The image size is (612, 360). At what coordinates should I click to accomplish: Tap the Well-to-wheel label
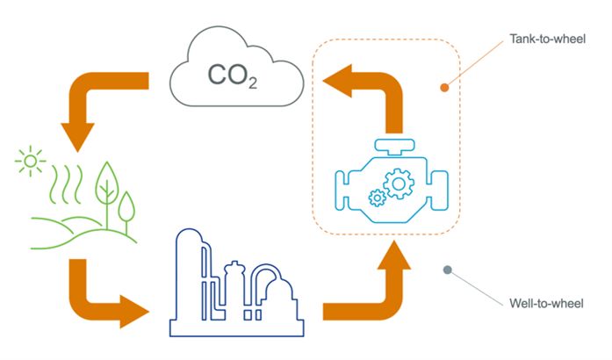[x=545, y=304]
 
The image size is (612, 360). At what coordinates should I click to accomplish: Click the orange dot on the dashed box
[x=444, y=87]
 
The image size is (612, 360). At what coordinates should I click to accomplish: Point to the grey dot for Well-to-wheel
[x=448, y=270]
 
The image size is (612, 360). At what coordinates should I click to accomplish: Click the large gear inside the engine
[x=400, y=183]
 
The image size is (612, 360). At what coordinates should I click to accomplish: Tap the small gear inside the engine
[x=378, y=198]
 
